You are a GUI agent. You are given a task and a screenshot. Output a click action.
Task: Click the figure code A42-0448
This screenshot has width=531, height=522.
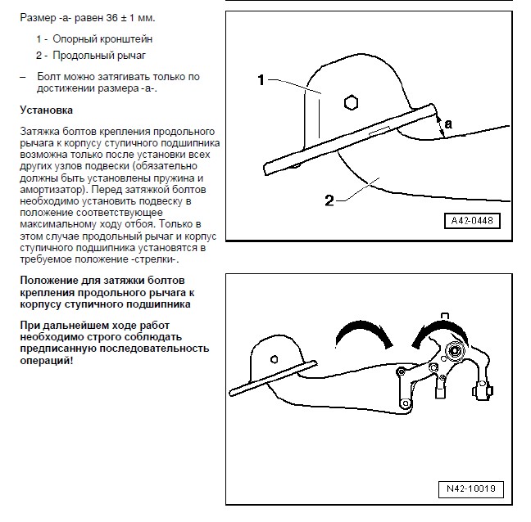[x=473, y=221]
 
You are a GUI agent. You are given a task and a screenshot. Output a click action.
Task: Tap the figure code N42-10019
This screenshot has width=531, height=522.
[x=470, y=489]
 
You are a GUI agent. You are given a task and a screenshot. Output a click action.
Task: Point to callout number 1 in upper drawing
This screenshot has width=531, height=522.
[x=261, y=79]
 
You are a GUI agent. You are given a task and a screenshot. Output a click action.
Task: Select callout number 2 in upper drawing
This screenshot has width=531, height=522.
[x=329, y=200]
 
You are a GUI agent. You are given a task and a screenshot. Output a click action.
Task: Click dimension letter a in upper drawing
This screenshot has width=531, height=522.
[x=447, y=124]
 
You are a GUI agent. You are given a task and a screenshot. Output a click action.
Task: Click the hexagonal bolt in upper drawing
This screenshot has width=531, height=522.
[x=351, y=103]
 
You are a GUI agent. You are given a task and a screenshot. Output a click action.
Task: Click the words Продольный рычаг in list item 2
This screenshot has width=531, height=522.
[x=99, y=56]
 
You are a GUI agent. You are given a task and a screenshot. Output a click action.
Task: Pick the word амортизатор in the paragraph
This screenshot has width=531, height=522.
[x=49, y=189]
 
